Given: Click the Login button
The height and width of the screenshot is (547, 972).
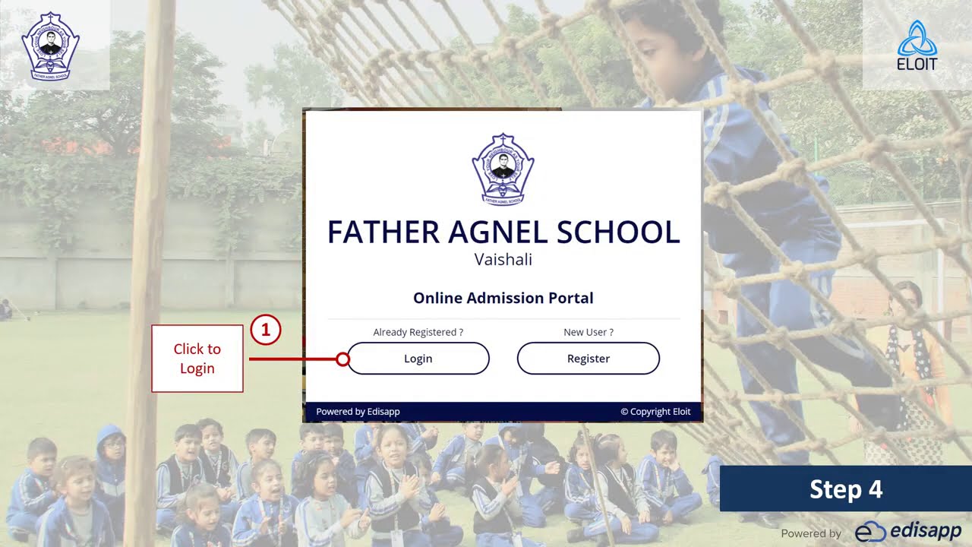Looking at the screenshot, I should tap(418, 359).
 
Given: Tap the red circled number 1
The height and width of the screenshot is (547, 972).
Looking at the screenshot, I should tap(266, 330).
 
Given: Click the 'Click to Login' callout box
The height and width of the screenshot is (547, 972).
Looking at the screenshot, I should tap(197, 359).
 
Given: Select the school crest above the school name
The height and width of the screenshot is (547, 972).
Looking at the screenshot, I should tap(503, 169).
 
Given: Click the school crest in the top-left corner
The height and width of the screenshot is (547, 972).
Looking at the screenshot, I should tap(51, 46).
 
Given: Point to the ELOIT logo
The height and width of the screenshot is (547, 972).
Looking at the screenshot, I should tap(917, 46).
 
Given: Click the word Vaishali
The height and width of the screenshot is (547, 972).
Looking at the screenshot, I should tap(503, 260).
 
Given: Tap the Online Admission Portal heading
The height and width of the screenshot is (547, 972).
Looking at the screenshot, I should tap(503, 298).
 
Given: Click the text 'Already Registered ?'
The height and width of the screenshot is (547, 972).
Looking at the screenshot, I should tap(418, 332).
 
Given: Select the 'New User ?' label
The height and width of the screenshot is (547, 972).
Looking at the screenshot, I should tap(589, 332).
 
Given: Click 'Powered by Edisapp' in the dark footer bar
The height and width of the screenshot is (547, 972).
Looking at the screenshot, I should tap(358, 412).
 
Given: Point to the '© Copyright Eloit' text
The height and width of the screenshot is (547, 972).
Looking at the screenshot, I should tap(655, 412).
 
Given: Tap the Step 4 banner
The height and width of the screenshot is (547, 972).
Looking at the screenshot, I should tap(845, 489).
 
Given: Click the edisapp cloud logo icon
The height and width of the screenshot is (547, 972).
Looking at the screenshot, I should tap(870, 532).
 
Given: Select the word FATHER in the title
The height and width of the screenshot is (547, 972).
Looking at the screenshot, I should tap(383, 232).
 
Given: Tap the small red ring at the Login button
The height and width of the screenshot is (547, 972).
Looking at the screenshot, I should tap(342, 359).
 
